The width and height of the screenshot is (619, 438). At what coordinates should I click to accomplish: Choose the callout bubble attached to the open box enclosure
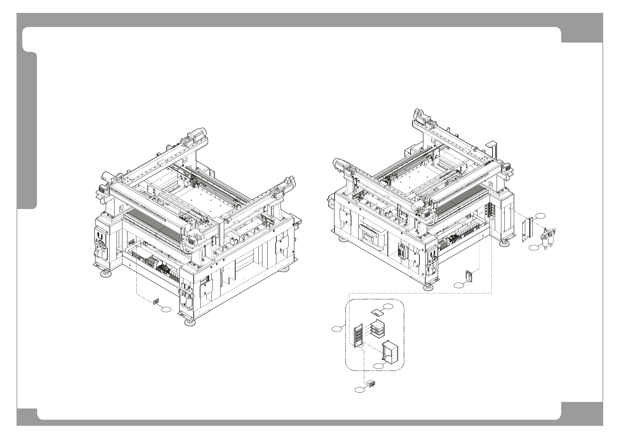pyautogui.click(x=379, y=365)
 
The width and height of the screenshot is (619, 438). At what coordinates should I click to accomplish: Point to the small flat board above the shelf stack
pyautogui.click(x=377, y=313)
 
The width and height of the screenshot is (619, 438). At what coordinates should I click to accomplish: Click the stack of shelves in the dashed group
pyautogui.click(x=375, y=328)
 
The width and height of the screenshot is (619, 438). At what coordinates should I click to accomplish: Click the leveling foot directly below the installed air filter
pyautogui.click(x=190, y=323)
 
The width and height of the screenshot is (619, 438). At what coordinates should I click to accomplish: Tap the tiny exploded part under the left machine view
pyautogui.click(x=156, y=301)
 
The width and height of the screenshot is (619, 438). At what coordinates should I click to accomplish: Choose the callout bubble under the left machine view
pyautogui.click(x=166, y=310)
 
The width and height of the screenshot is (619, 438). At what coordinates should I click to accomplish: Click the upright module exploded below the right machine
pyautogui.click(x=469, y=276)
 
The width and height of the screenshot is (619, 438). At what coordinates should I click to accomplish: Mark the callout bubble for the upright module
pyautogui.click(x=458, y=285)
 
